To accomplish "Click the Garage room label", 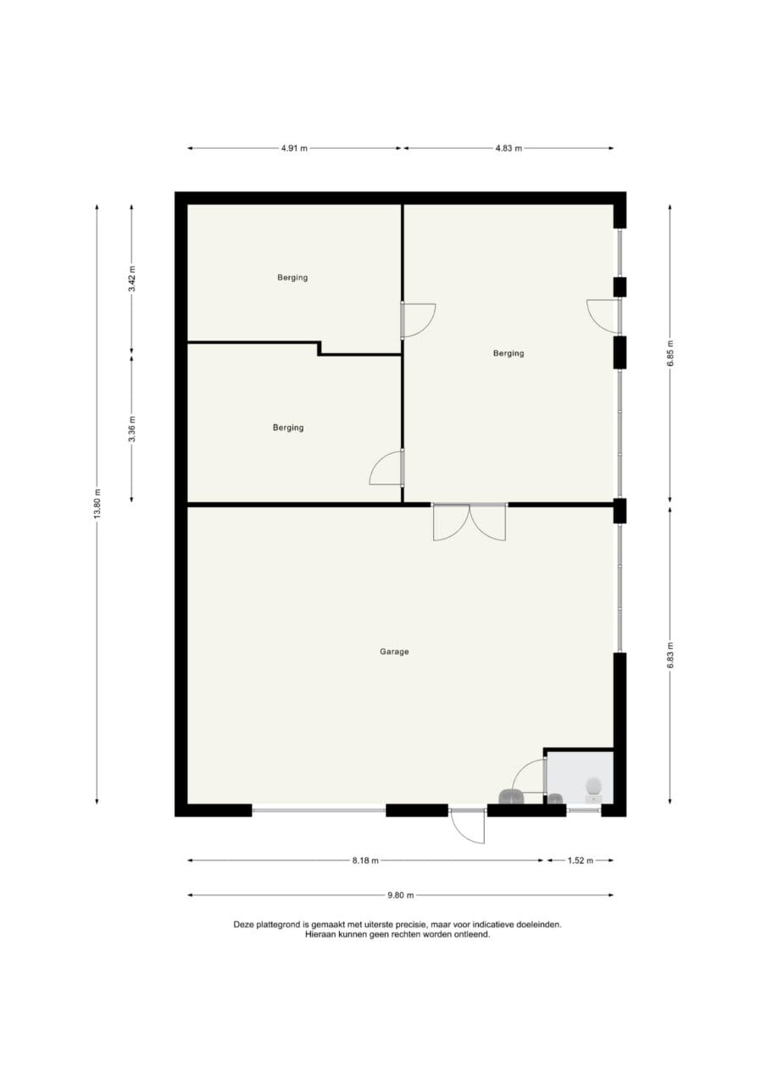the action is coord(393,652).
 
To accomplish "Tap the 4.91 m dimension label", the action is coord(294,148).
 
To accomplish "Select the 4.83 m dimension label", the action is coord(509,148).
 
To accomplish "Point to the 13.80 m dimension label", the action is coord(97,502).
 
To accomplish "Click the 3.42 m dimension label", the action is coord(131,279).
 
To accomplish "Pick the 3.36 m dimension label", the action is coord(131,429).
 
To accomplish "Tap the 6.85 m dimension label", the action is coord(670,353).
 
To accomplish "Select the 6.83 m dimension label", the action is coord(670,655).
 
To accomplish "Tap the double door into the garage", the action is coord(470,522).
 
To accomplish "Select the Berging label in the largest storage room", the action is coord(509,353).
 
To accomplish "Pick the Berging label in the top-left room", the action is coord(292,277).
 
